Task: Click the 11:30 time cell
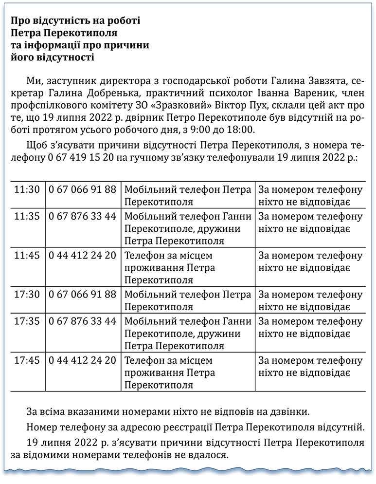click(x=27, y=189)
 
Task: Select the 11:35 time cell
click(x=27, y=216)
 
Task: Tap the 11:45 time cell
click(x=27, y=255)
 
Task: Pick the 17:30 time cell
click(x=27, y=295)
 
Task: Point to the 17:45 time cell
click(x=27, y=360)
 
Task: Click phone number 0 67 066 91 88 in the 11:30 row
click(x=83, y=189)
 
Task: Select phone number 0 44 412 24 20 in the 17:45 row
click(x=83, y=360)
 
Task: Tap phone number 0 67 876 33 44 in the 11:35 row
click(x=83, y=216)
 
